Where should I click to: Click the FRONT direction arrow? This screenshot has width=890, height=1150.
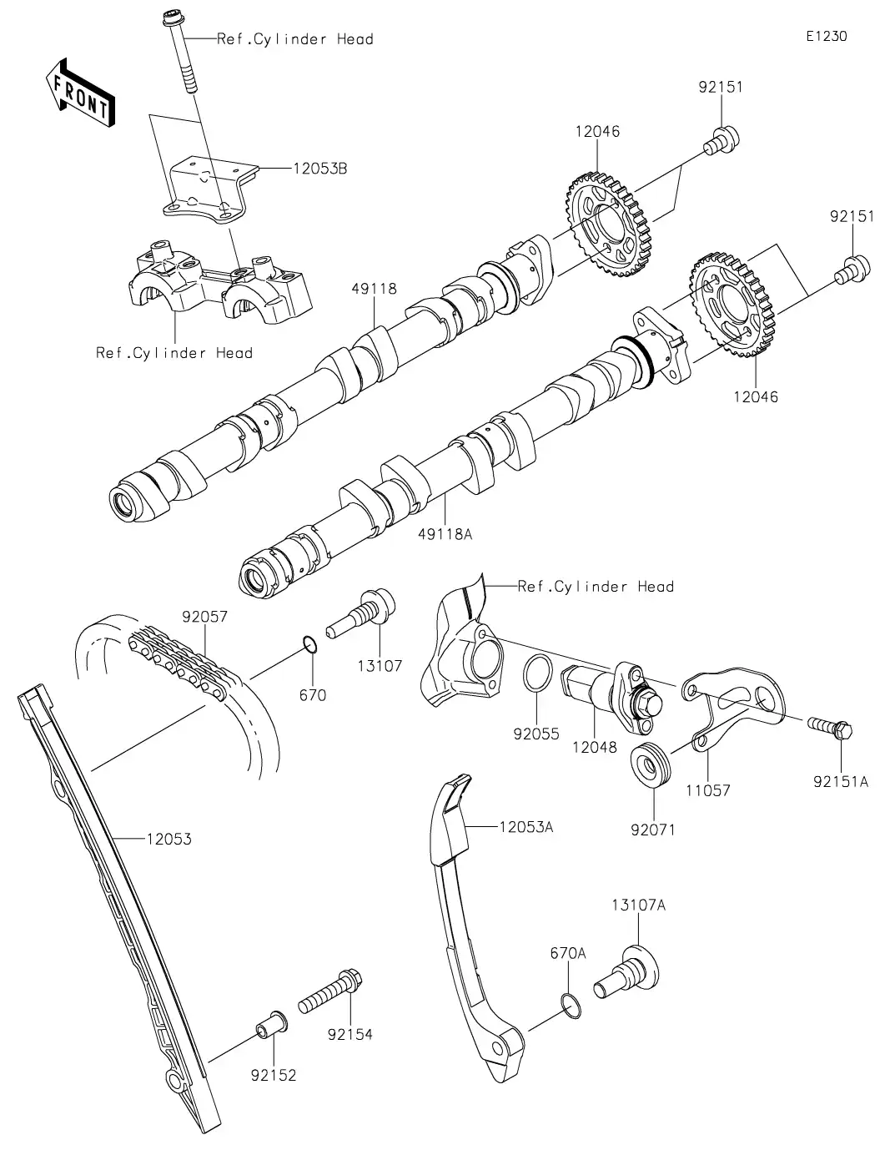[80, 92]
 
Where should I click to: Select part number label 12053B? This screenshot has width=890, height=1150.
[319, 169]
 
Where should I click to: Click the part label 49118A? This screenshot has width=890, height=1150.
[445, 534]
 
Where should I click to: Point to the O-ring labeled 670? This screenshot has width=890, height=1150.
[309, 644]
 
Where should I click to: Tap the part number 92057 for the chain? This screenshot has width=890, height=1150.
[204, 618]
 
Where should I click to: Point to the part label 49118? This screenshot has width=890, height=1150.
[374, 290]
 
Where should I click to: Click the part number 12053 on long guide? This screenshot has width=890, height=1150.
[168, 839]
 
